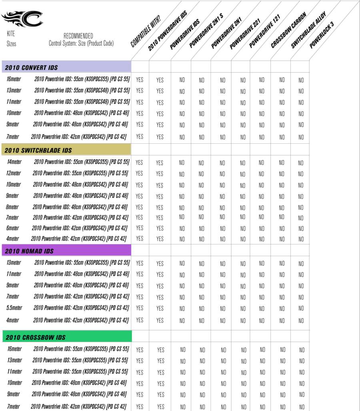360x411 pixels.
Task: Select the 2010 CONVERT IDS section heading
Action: (32, 68)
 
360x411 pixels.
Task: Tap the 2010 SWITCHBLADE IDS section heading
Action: (38, 150)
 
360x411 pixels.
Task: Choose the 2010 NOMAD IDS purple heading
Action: (30, 251)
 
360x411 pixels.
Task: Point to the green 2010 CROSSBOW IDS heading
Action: (36, 337)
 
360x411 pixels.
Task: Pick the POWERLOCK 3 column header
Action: (322, 35)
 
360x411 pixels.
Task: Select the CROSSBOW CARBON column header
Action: (288, 30)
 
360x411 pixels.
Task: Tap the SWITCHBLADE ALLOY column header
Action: (308, 30)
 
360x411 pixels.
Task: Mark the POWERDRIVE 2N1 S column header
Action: (206, 30)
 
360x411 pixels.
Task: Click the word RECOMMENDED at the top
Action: (78, 36)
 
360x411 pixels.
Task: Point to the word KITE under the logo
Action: (11, 34)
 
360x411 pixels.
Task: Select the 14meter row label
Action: (14, 162)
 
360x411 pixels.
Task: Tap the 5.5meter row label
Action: (14, 308)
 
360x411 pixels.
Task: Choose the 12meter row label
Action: (14, 173)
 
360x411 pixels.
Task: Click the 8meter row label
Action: (12, 207)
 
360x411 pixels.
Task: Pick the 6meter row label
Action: (12, 228)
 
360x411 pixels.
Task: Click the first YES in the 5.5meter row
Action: (140, 308)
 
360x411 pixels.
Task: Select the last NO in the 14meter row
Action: (301, 163)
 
